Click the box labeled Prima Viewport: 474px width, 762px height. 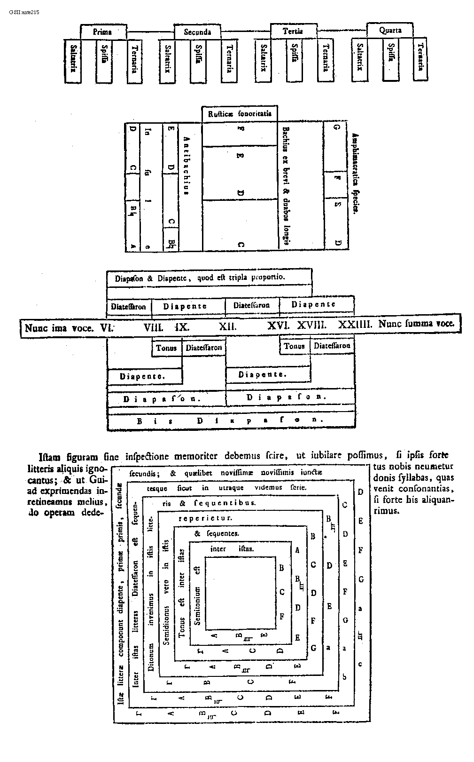pyautogui.click(x=102, y=32)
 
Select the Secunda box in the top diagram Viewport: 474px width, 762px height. pyautogui.click(x=197, y=32)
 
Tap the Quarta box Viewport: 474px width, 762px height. pyautogui.click(x=390, y=31)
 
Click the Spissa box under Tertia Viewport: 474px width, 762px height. pyautogui.click(x=295, y=58)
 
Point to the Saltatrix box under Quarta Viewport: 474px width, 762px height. pyautogui.click(x=359, y=57)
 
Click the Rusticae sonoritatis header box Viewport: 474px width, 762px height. pyautogui.click(x=240, y=114)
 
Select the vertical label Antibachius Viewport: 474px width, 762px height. pyautogui.click(x=186, y=165)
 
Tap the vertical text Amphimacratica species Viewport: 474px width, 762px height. pyautogui.click(x=355, y=174)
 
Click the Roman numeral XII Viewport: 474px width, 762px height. pyautogui.click(x=228, y=326)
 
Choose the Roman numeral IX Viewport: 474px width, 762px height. pyautogui.click(x=182, y=326)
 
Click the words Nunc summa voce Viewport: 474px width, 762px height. pyautogui.click(x=416, y=324)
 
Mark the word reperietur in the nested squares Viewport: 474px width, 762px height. pyautogui.click(x=206, y=518)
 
